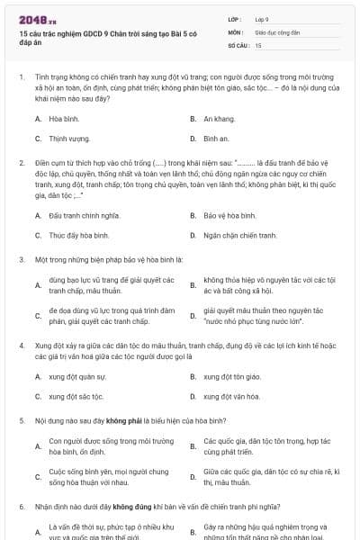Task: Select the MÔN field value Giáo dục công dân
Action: click(274, 31)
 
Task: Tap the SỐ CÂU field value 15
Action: click(258, 44)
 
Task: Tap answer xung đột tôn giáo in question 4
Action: click(232, 376)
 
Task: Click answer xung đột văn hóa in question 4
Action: click(232, 396)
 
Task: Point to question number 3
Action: click(21, 259)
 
